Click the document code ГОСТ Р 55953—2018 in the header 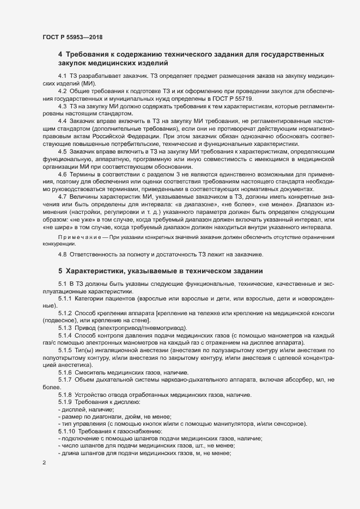click(x=72, y=36)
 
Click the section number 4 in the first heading click(x=60, y=54)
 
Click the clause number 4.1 click(x=62, y=75)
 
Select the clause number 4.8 click(x=62, y=255)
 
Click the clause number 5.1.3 click(x=65, y=328)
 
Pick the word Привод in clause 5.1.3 click(x=86, y=328)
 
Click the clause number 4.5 click(x=62, y=150)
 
